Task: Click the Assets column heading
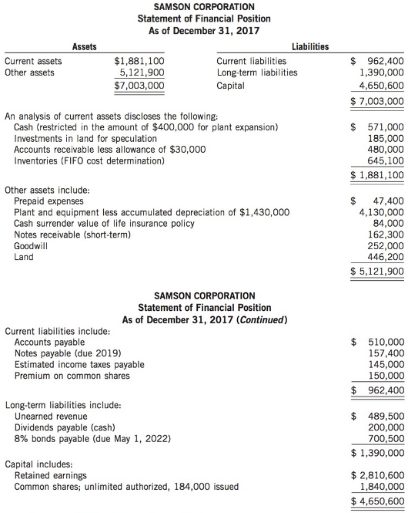tap(84, 47)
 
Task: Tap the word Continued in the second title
tap(264, 319)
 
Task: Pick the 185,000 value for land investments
tap(386, 138)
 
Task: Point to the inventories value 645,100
tap(386, 161)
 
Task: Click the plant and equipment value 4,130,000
tap(382, 211)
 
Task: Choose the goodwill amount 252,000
tap(386, 246)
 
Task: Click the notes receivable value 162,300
tap(386, 235)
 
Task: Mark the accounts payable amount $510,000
tap(379, 342)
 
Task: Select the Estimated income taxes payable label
tap(79, 365)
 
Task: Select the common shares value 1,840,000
tap(382, 488)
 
